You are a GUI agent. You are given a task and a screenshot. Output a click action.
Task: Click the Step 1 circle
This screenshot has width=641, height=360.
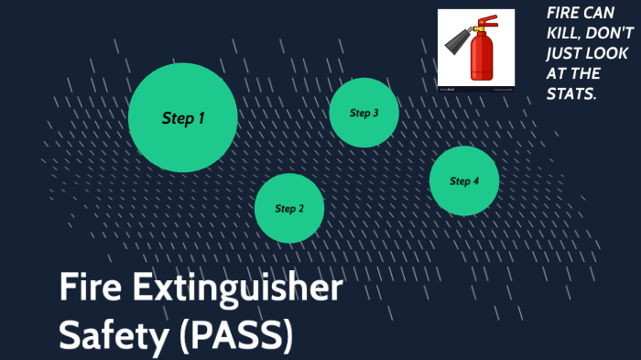tap(182, 117)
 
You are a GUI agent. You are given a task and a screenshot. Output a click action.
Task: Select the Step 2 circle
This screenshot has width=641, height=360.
tap(288, 208)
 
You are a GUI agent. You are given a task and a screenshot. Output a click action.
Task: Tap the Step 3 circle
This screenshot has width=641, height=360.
tap(364, 113)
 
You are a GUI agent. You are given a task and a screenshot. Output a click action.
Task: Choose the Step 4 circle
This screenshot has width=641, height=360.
tap(464, 180)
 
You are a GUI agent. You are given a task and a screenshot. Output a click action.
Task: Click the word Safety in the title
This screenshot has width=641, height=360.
tap(112, 335)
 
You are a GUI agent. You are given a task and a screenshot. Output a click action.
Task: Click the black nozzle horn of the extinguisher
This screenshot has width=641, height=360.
tap(457, 40)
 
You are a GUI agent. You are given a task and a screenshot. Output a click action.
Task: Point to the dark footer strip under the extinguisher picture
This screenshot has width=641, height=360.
tap(475, 89)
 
